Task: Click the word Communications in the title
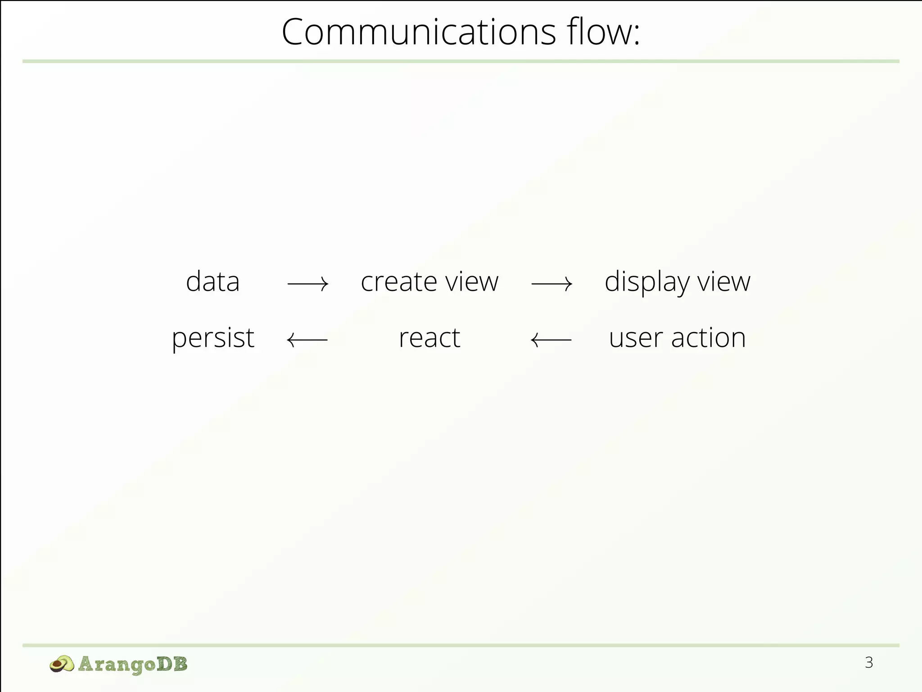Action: pos(419,32)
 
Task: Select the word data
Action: pos(212,282)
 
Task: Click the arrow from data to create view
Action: pos(308,284)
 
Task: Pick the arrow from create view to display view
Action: pos(552,284)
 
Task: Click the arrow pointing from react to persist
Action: pos(307,340)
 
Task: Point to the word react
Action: pos(429,338)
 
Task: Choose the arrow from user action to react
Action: pos(551,340)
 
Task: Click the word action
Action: pos(708,338)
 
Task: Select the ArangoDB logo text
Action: pos(132,664)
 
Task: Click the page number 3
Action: pos(869,663)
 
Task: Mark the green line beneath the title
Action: pos(461,61)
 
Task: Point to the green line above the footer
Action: pos(461,646)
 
